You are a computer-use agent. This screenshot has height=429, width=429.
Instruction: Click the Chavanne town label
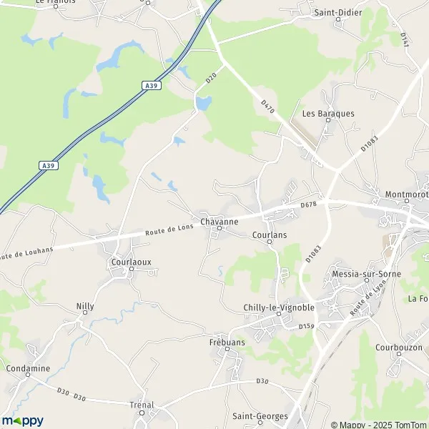[x=220, y=222]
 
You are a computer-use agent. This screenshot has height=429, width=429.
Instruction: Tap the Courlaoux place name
[x=132, y=262]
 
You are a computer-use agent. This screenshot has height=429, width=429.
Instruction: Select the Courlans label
[x=270, y=234]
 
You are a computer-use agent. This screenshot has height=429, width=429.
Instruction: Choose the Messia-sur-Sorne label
[x=367, y=274]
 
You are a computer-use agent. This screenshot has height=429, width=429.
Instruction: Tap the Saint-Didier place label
[x=338, y=13]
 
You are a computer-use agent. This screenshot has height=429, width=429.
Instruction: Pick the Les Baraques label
[x=328, y=113]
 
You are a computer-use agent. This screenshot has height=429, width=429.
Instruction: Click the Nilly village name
[x=85, y=306]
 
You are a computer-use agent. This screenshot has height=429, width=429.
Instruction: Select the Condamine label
[x=29, y=368]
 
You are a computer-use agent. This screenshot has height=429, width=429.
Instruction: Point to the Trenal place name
[x=142, y=405]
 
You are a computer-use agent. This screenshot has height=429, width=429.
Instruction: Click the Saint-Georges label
[x=260, y=415]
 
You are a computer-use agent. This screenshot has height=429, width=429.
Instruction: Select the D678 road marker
[x=308, y=205]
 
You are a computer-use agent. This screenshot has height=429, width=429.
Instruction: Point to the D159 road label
[x=307, y=326]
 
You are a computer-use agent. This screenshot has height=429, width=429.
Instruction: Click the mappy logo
[x=23, y=420]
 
